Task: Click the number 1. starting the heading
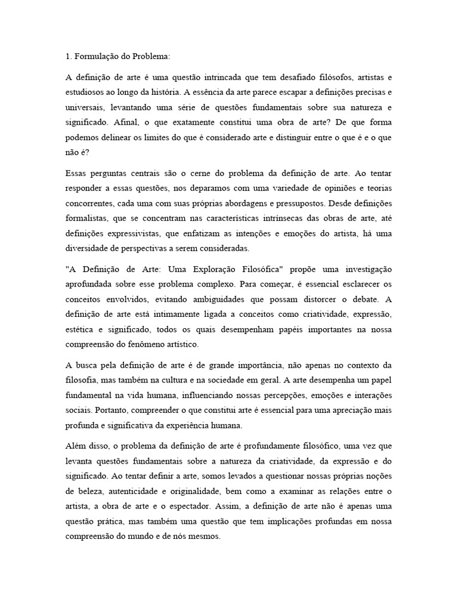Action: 69,57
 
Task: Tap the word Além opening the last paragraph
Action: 76,446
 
